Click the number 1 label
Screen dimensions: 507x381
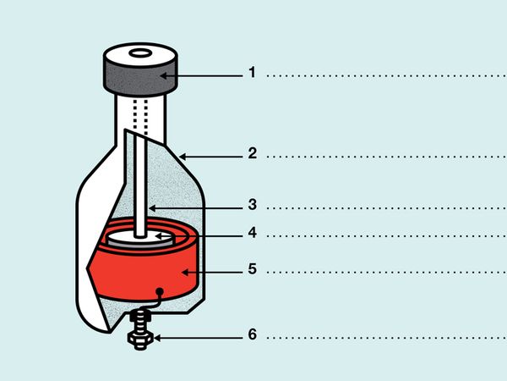(252, 72)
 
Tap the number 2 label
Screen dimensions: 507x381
(253, 153)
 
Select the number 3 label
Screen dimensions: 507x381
(253, 204)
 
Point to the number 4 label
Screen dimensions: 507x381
(253, 233)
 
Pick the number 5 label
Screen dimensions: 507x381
(253, 269)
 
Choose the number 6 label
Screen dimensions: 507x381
(253, 334)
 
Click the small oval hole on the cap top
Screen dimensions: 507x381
(140, 52)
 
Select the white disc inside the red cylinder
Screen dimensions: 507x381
(141, 239)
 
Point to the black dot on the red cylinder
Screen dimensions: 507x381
(160, 291)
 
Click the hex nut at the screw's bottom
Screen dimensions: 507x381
(140, 340)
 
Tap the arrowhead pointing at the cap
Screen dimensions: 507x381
(164, 76)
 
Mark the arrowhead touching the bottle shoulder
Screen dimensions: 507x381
(183, 157)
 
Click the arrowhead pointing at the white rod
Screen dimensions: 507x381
(152, 208)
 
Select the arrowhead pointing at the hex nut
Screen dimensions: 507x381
(157, 338)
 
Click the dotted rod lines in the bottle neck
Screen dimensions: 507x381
(140, 117)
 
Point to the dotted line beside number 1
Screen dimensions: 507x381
(387, 76)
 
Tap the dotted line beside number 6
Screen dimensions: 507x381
(387, 338)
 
